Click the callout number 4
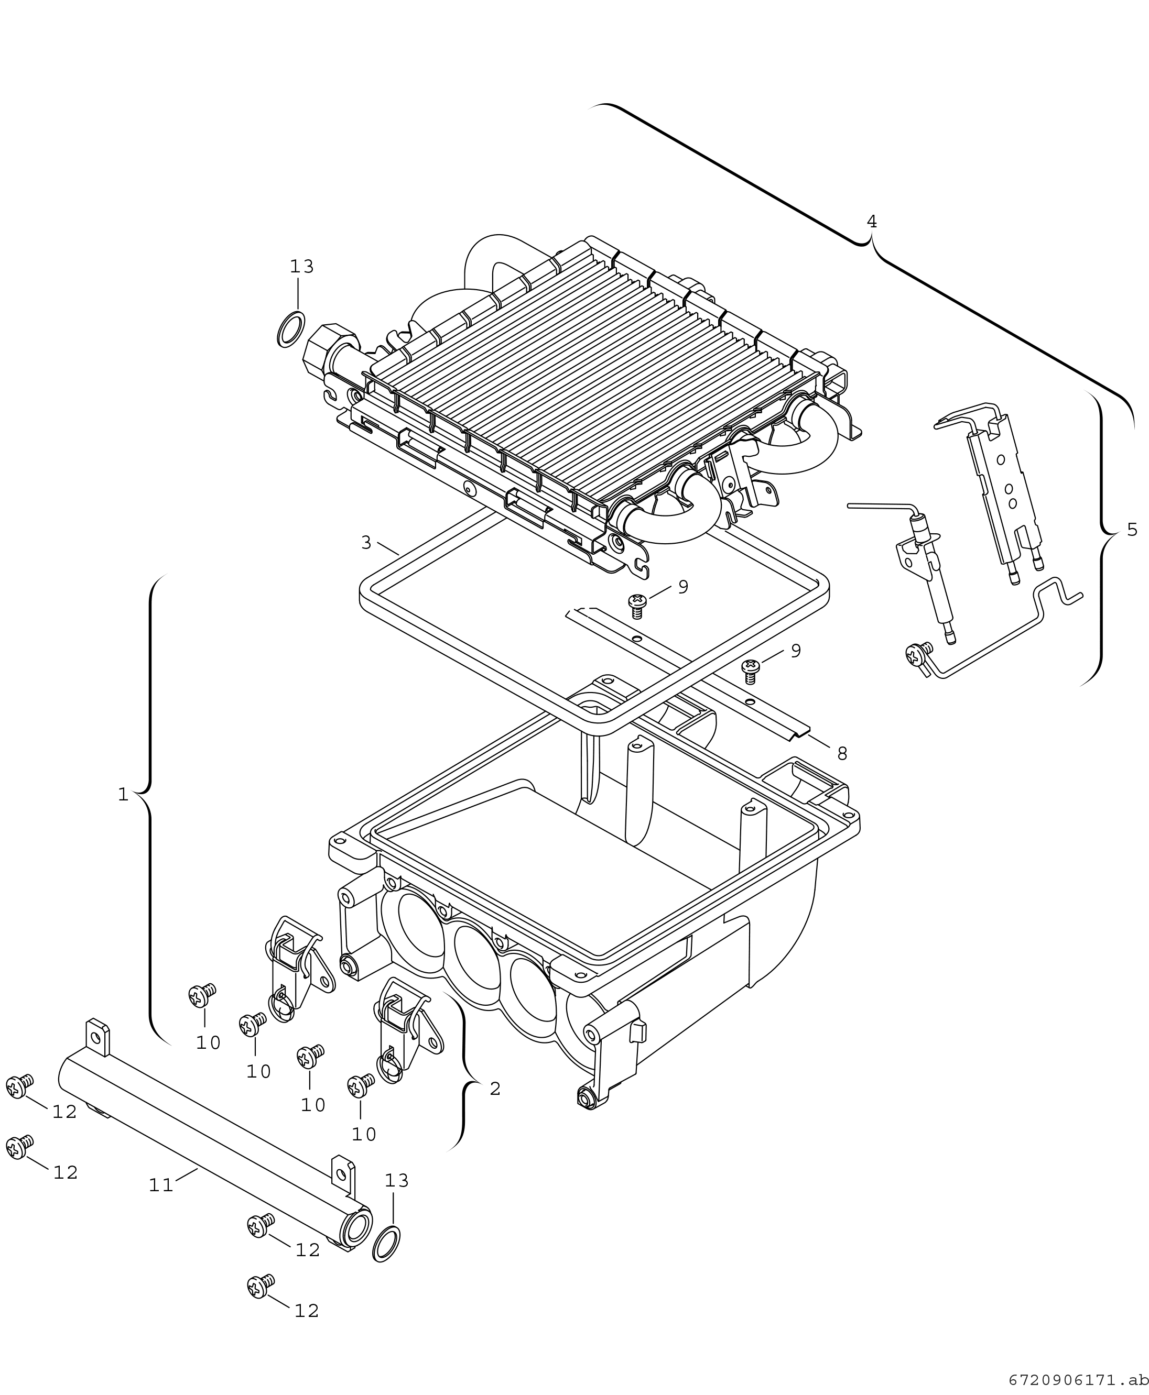point(872,222)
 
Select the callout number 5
point(1132,529)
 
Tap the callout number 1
point(123,794)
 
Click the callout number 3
point(366,542)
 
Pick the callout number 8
point(842,753)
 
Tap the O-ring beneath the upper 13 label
point(291,329)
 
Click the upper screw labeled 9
point(637,604)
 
